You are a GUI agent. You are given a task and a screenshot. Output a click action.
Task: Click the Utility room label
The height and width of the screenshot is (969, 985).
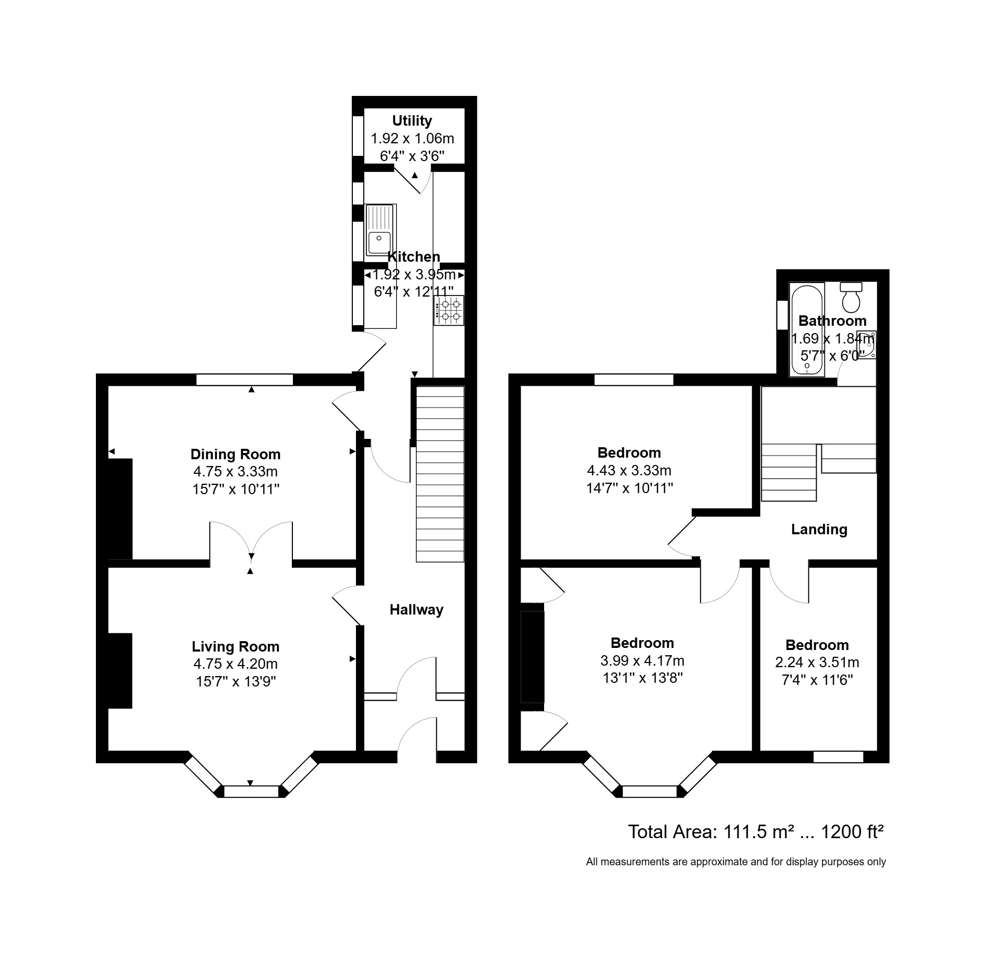click(412, 121)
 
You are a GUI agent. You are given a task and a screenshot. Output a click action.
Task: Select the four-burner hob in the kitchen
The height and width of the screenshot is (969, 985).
click(449, 311)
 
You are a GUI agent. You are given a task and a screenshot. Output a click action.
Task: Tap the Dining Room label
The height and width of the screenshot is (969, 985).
click(236, 454)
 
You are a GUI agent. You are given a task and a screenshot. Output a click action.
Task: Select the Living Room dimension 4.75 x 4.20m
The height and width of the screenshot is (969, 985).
click(236, 664)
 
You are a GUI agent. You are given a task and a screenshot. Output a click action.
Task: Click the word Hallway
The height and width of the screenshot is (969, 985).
click(416, 609)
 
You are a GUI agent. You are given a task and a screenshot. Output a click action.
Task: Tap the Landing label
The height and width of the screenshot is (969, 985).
click(819, 530)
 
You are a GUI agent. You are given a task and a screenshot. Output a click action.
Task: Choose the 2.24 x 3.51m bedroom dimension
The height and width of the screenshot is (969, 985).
click(817, 663)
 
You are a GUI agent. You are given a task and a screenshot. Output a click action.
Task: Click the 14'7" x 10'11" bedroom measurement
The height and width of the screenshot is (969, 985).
click(629, 488)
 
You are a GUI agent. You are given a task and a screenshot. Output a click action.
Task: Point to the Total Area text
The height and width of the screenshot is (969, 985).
click(755, 831)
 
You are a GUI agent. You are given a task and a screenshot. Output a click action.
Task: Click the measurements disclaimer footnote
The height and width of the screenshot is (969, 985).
click(735, 862)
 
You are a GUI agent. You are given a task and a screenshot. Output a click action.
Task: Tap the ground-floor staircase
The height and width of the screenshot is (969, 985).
click(440, 474)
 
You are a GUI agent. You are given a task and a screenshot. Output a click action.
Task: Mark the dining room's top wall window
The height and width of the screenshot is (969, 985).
click(244, 379)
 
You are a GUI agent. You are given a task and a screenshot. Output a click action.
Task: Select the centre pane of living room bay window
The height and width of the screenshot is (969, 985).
click(251, 791)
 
